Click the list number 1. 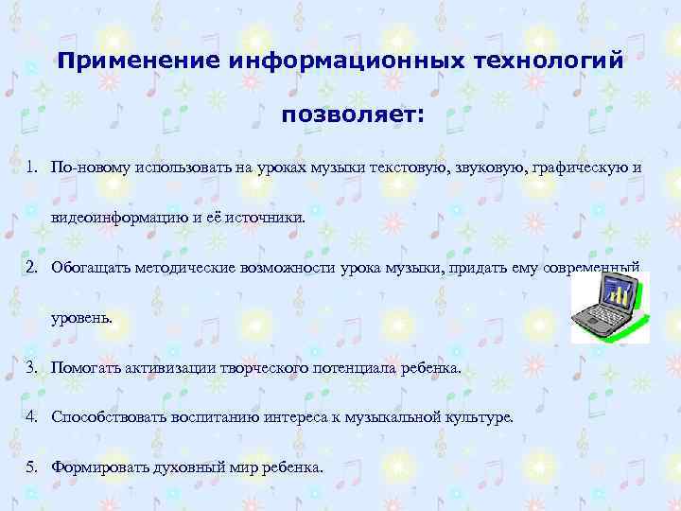(32, 167)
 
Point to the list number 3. (32, 366)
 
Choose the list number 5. (32, 467)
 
